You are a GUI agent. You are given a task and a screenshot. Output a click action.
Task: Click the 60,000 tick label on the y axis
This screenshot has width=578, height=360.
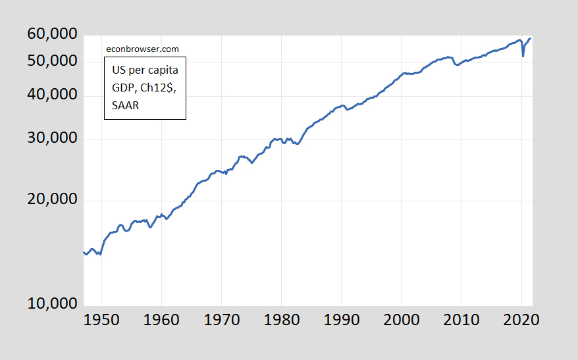pos(52,34)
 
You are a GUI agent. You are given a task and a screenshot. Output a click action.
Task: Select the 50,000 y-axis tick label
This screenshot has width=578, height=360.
pos(52,61)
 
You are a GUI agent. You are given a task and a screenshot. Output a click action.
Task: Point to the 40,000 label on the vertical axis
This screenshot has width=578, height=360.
pos(52,95)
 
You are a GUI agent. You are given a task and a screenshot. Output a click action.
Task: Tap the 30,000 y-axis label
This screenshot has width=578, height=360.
pos(52,138)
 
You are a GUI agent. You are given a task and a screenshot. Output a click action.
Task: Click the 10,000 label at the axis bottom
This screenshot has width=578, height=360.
pos(52,304)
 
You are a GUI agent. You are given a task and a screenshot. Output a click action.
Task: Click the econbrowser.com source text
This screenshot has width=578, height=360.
pos(142,49)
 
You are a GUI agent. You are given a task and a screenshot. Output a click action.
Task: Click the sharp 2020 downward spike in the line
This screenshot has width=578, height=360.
pos(523,56)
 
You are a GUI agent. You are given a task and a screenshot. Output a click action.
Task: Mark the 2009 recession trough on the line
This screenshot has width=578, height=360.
pos(458,65)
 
